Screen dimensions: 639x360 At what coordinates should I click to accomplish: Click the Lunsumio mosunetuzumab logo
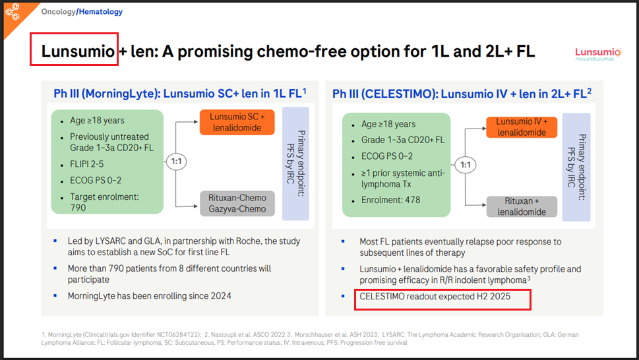tap(598, 54)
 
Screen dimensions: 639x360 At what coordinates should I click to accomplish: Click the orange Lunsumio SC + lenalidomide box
tap(237, 122)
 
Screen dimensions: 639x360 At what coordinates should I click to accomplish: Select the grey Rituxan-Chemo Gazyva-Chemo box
tap(237, 203)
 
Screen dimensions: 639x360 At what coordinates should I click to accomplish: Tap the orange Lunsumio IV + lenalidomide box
tap(522, 127)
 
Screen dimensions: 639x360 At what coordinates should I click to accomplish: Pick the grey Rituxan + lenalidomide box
tap(522, 206)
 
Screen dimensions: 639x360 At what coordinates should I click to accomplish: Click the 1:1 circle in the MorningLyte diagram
tap(176, 162)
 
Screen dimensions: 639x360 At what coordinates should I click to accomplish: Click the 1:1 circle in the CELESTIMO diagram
tap(465, 165)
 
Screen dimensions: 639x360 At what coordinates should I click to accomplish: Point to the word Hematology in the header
tap(101, 12)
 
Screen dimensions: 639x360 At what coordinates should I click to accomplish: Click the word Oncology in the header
tap(58, 12)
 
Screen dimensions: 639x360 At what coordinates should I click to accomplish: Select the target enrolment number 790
tap(78, 208)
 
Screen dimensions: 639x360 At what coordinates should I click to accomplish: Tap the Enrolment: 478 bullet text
tap(390, 200)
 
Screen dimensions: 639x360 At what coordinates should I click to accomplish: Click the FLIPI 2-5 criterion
tap(87, 164)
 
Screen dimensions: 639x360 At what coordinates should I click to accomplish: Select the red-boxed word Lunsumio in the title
tap(78, 51)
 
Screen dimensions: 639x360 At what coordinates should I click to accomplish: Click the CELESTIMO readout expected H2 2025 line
tap(435, 297)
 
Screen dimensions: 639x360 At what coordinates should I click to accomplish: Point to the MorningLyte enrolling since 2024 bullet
tap(149, 296)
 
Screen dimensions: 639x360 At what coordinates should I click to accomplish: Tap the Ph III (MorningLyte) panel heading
tap(180, 94)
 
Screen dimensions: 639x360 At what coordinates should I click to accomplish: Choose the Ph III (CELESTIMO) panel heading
tap(462, 94)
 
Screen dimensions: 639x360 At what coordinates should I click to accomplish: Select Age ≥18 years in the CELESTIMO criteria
tap(388, 124)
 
